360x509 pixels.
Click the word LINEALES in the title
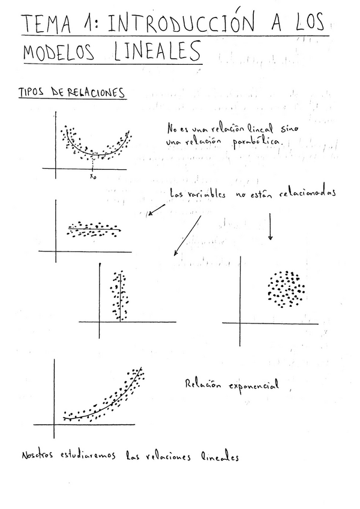157,51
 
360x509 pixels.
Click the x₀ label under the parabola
92,176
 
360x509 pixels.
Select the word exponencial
254,385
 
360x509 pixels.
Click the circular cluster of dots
286,289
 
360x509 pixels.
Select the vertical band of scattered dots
119,295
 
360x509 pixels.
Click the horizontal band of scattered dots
94,228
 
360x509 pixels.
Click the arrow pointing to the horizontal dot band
157,208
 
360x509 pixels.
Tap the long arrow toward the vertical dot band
188,236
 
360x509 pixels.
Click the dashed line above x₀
92,164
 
